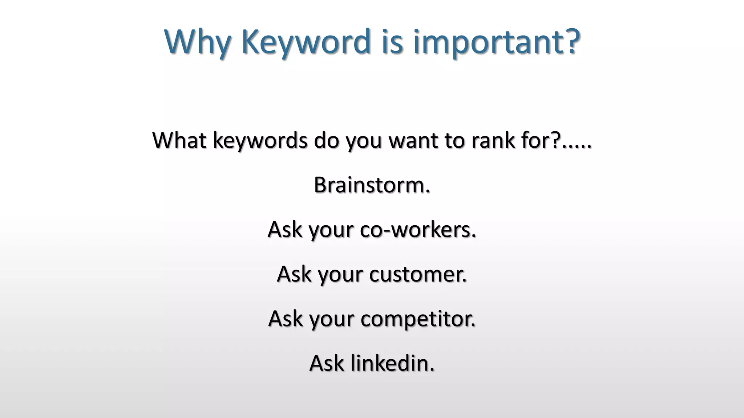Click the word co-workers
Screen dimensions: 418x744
[418, 230]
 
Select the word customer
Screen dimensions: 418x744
[418, 274]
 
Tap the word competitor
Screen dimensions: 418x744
[418, 319]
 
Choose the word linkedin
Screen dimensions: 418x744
[392, 363]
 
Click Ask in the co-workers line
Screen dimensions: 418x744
[285, 230]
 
